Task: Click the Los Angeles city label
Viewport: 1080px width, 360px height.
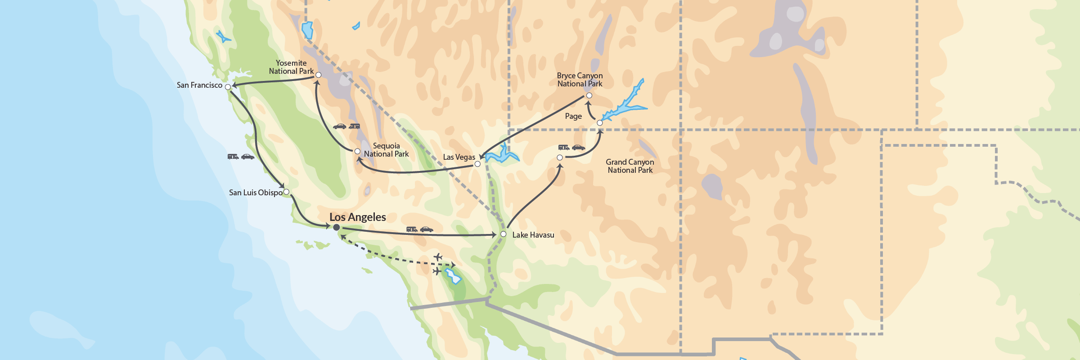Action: [x=357, y=217]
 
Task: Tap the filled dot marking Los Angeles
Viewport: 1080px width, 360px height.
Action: [x=336, y=228]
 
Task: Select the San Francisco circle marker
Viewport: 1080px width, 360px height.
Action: [x=228, y=87]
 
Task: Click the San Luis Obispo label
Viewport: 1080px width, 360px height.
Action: [x=256, y=193]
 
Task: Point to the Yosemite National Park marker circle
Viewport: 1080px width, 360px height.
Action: [x=318, y=75]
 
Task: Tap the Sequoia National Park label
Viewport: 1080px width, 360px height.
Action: [x=386, y=150]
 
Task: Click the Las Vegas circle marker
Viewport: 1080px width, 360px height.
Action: [x=477, y=164]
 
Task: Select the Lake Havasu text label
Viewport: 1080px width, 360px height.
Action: [x=533, y=235]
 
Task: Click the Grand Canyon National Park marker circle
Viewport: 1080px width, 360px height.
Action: [x=559, y=157]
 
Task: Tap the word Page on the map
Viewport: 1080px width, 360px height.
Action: [x=573, y=116]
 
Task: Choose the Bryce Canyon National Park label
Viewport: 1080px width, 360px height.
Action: [x=580, y=80]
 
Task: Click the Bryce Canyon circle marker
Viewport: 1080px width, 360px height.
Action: [x=589, y=95]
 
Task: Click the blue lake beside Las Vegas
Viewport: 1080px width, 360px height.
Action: [x=502, y=155]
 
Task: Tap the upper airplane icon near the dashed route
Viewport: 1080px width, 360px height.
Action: [x=438, y=257]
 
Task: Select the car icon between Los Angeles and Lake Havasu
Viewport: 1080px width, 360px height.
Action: [x=426, y=229]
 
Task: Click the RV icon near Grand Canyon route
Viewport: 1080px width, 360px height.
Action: [x=563, y=147]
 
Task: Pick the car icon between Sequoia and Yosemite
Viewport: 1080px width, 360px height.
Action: [x=339, y=126]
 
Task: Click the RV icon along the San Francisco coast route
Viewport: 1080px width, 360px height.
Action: [x=233, y=157]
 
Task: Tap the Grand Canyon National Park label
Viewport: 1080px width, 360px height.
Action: [x=630, y=166]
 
